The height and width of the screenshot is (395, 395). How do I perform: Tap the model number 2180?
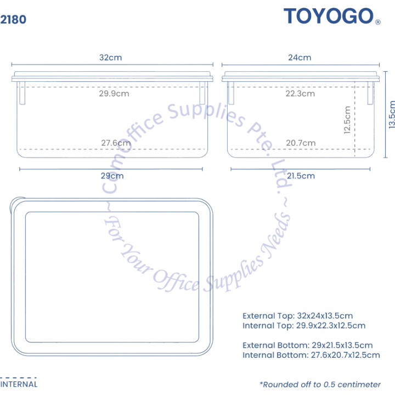click(13, 19)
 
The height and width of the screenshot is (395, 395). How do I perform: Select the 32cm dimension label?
click(111, 58)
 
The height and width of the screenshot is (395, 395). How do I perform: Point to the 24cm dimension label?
click(300, 58)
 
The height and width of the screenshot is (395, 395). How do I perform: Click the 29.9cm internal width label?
click(114, 93)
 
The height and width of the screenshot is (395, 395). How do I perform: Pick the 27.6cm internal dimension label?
click(116, 143)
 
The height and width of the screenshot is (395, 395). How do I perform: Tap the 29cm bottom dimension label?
click(112, 176)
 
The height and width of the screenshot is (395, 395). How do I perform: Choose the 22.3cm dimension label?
click(300, 93)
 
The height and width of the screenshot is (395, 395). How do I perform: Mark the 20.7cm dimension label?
click(301, 143)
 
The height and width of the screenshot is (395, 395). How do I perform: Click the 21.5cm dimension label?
click(301, 176)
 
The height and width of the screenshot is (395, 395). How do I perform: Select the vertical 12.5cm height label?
click(347, 120)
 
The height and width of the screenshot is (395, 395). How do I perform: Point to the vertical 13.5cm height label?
click(391, 114)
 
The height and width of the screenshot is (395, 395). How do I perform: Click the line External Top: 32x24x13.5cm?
click(297, 315)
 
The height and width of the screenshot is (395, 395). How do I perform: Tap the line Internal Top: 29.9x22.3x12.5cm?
click(304, 325)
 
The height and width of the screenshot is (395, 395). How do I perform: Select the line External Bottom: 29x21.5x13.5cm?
click(308, 345)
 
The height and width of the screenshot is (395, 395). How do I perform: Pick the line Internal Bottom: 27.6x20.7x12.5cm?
click(311, 355)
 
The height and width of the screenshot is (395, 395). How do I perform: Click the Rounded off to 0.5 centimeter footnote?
click(320, 385)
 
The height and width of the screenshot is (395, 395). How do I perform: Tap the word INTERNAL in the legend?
click(19, 384)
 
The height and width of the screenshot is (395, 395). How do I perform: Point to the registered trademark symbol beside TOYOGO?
click(378, 22)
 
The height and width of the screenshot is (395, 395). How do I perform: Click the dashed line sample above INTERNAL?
click(18, 377)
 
